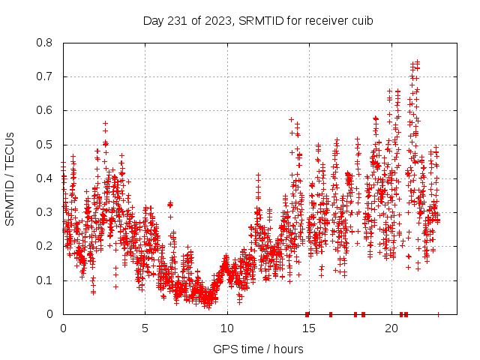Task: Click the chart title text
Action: (258, 21)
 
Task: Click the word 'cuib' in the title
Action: (361, 21)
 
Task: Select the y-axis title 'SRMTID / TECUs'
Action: (10, 178)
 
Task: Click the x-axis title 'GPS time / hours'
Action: (258, 349)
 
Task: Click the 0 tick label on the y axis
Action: (50, 314)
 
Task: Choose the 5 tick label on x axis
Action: (145, 328)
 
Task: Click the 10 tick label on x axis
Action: (227, 328)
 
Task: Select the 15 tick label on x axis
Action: (309, 328)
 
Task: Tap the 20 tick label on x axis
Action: (391, 328)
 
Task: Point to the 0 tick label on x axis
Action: (63, 328)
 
